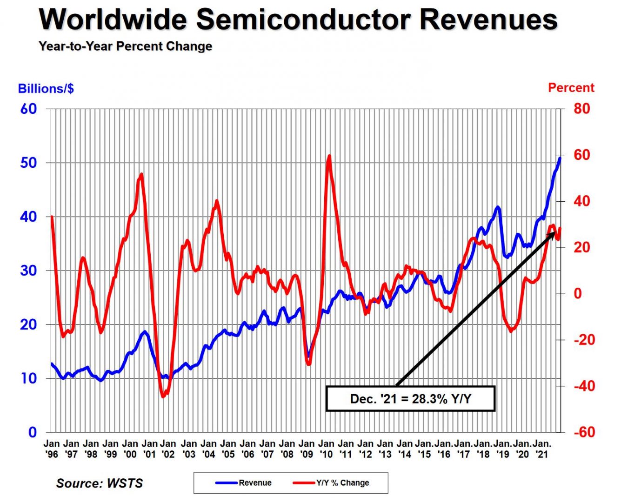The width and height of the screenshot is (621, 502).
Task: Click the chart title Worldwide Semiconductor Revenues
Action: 298,20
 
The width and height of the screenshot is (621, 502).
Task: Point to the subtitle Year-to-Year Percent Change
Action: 126,46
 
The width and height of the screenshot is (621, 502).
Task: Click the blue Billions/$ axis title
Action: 46,88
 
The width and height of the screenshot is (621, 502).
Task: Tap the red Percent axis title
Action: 571,88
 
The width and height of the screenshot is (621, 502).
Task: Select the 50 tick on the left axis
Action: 28,163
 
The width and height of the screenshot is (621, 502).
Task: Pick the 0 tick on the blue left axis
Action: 32,432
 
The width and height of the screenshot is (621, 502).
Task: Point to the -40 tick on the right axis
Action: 579,386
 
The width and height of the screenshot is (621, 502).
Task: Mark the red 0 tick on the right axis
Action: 578,294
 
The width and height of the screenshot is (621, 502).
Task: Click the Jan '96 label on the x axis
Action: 52,449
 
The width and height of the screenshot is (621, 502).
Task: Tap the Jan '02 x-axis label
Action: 168,449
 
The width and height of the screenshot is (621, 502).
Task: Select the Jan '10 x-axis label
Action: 327,449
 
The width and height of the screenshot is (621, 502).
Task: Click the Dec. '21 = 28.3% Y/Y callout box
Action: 410,399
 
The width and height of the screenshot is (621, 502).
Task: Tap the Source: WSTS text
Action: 100,483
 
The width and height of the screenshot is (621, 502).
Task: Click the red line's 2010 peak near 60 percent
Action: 329,156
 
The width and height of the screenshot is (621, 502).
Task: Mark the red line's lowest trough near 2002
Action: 163,396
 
